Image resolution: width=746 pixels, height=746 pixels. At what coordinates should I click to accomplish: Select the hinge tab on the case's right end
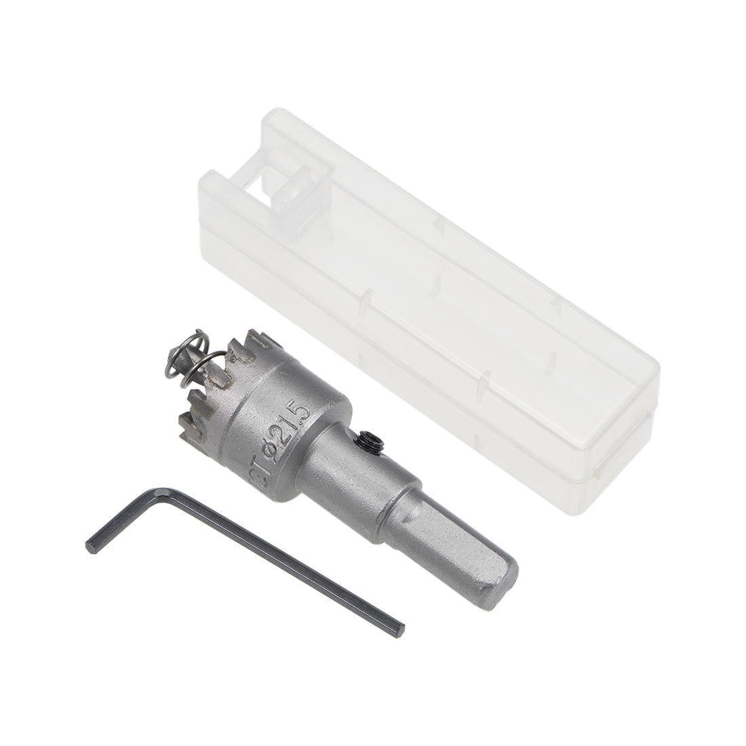click(597, 468)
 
